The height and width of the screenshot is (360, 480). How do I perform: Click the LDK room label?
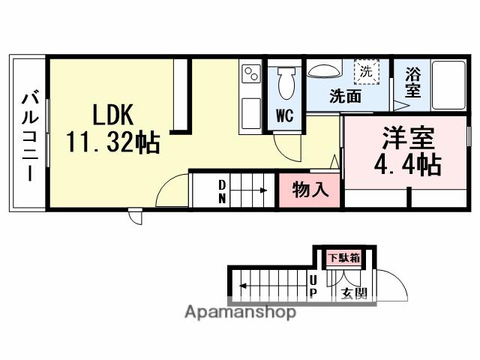[x=112, y=115]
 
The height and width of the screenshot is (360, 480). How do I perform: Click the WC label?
[x=284, y=115]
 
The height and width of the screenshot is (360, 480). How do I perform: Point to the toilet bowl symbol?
[x=285, y=85]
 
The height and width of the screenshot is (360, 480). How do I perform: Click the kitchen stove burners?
[x=250, y=74]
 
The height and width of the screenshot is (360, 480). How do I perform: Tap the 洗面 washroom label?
[x=346, y=96]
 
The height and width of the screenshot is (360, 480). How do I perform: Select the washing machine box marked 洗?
[x=366, y=73]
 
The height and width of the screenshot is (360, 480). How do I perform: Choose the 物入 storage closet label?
[x=310, y=190]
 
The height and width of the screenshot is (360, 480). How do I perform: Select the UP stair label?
[x=313, y=285]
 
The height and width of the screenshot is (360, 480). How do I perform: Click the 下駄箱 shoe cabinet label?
[x=343, y=258]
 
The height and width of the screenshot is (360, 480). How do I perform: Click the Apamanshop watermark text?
[x=240, y=311]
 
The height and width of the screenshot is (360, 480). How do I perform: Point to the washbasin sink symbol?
[x=324, y=70]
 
